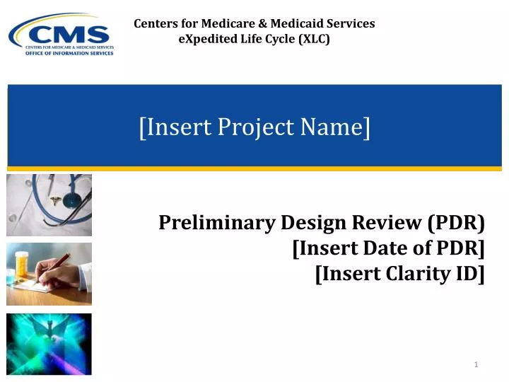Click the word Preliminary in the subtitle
(216, 224)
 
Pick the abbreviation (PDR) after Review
(456, 224)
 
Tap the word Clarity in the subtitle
(417, 273)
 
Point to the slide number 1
(477, 364)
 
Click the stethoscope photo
(49, 205)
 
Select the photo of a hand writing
(49, 274)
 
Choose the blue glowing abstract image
(49, 344)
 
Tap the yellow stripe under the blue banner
(255, 168)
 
